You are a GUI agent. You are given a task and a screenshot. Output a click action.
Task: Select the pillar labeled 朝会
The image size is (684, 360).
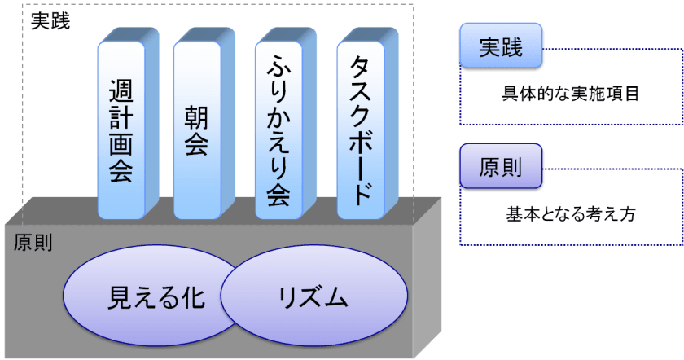196,130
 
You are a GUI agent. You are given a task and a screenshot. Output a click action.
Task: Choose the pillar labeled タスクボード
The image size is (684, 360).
360,130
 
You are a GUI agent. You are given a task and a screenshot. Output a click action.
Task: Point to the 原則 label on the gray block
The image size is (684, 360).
33,244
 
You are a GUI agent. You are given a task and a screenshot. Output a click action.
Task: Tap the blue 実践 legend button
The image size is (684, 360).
501,46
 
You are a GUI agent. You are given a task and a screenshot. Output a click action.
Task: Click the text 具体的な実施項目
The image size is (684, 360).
570,94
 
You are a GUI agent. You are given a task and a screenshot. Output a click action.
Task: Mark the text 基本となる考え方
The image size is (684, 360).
570,215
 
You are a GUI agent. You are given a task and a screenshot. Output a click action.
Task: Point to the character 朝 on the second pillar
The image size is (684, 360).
196,117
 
